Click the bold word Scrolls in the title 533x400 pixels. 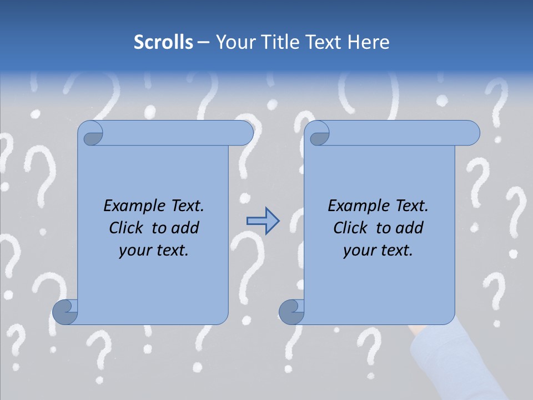(163, 42)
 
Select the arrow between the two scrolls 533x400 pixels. (263, 221)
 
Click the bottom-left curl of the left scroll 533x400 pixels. (66, 312)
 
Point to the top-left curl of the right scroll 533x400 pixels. (319, 133)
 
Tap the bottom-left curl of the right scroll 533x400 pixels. (291, 312)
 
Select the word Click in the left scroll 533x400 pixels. (127, 228)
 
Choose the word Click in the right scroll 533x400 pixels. (350, 228)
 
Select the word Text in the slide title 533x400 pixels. (323, 42)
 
